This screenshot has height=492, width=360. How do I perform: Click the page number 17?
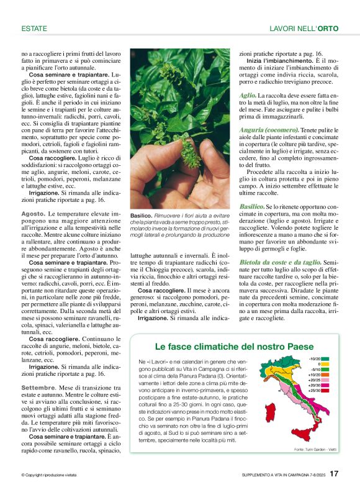point(334,474)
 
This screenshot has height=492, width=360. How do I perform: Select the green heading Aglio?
point(248,94)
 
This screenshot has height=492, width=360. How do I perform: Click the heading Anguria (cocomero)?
point(265,129)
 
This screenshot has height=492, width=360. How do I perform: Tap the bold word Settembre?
point(38,387)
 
